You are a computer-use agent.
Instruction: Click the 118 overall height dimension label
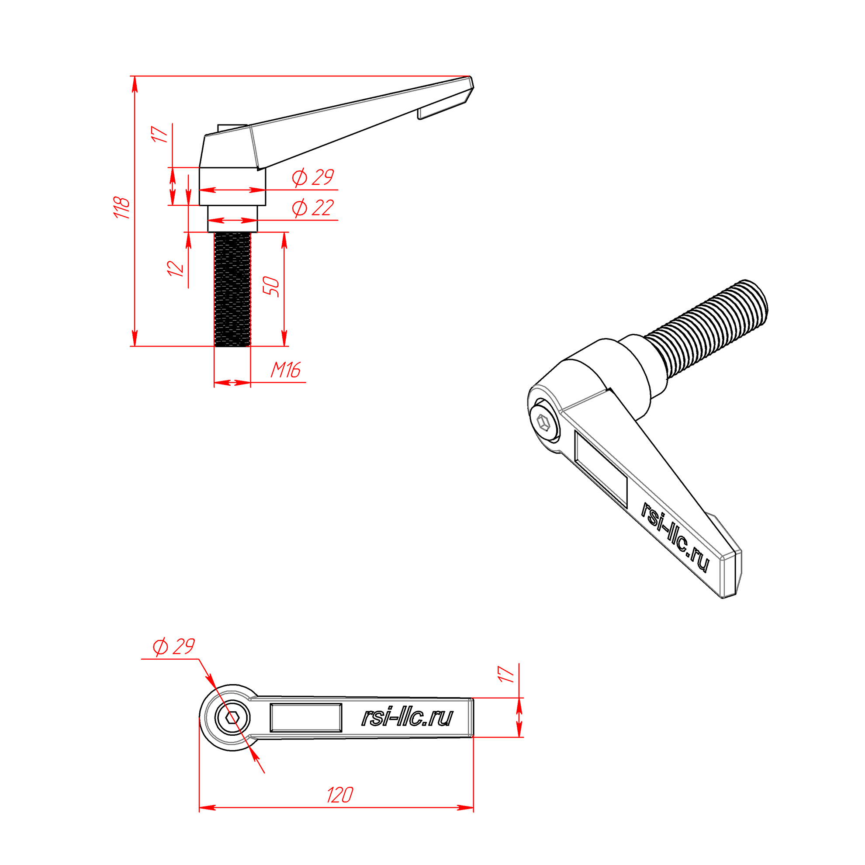(x=122, y=208)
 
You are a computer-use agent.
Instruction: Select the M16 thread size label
(x=285, y=370)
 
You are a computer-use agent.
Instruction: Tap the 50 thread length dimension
(x=271, y=287)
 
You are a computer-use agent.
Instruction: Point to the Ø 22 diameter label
(x=313, y=208)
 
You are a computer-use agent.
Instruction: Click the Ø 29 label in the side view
(x=313, y=177)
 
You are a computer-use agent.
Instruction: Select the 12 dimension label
(x=176, y=269)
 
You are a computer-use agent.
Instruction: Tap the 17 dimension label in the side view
(x=160, y=134)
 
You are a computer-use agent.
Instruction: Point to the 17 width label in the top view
(x=506, y=674)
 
